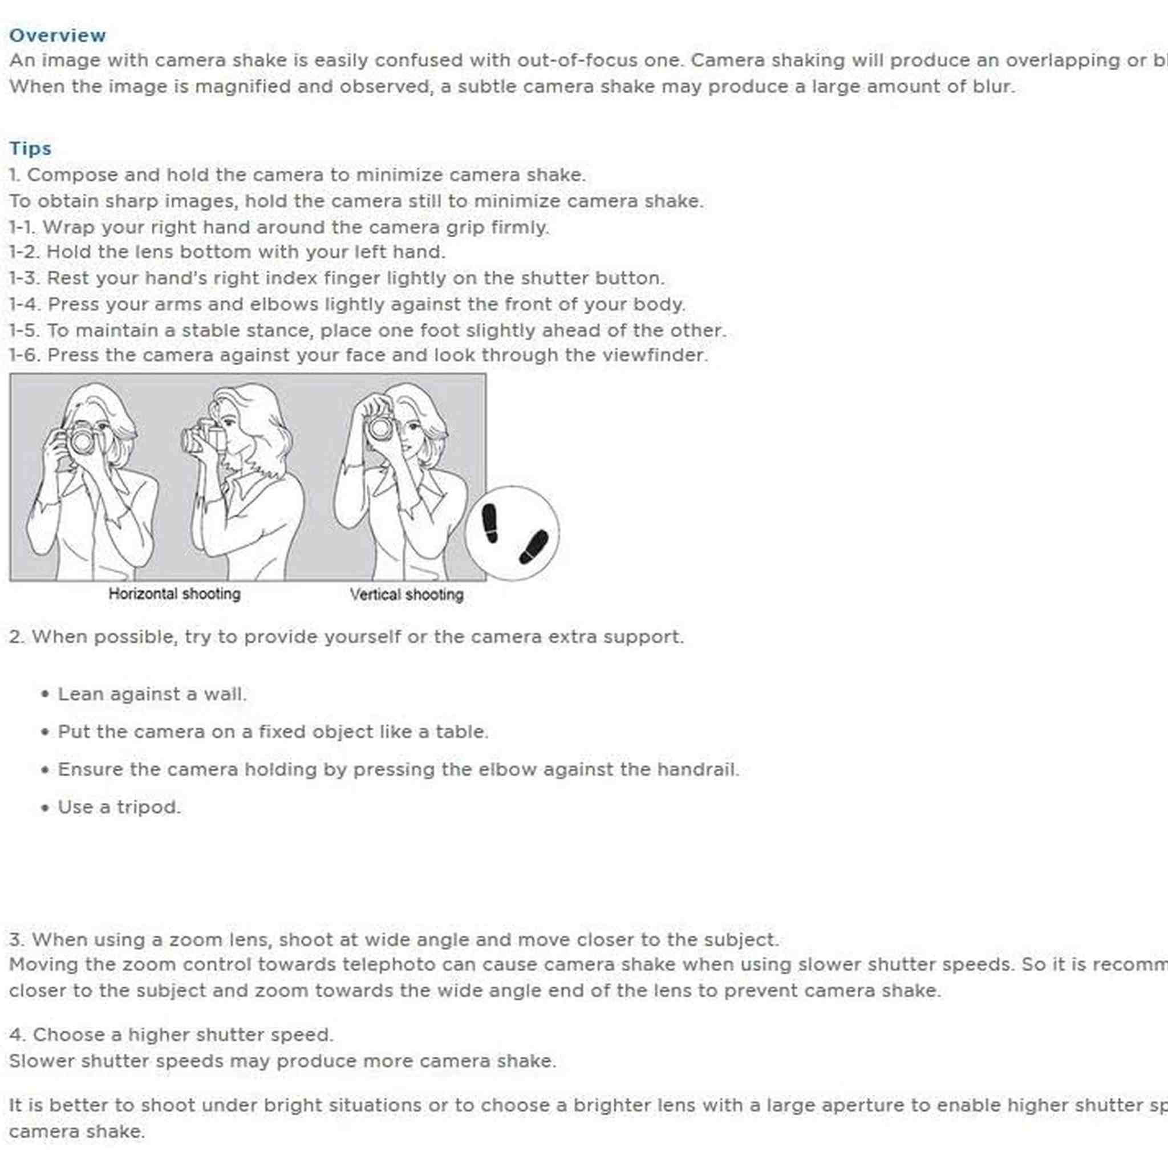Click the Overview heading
[58, 35]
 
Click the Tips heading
[30, 148]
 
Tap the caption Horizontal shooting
[174, 594]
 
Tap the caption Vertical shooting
[406, 594]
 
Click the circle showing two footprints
[512, 533]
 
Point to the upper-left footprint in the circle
[490, 523]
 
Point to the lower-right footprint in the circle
[533, 547]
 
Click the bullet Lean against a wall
[152, 694]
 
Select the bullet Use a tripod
[119, 807]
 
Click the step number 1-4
[25, 304]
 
